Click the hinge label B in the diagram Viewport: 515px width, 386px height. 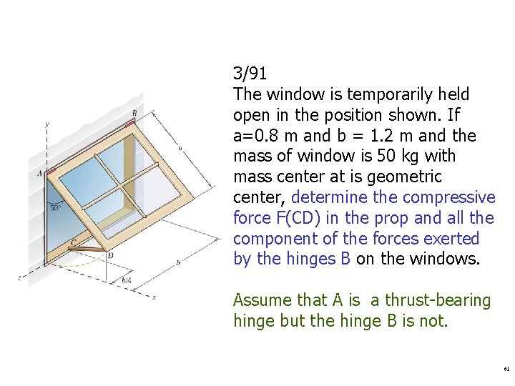(134, 113)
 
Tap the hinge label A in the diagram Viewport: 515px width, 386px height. (40, 173)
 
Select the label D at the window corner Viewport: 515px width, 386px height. (110, 255)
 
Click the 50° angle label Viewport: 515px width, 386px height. (55, 208)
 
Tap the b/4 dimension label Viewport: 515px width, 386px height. (127, 281)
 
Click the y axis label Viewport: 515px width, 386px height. (46, 125)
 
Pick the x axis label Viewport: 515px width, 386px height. (154, 297)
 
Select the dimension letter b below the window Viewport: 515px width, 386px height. (177, 263)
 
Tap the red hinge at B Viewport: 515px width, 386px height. (130, 124)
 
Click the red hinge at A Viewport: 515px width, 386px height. (51, 172)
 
